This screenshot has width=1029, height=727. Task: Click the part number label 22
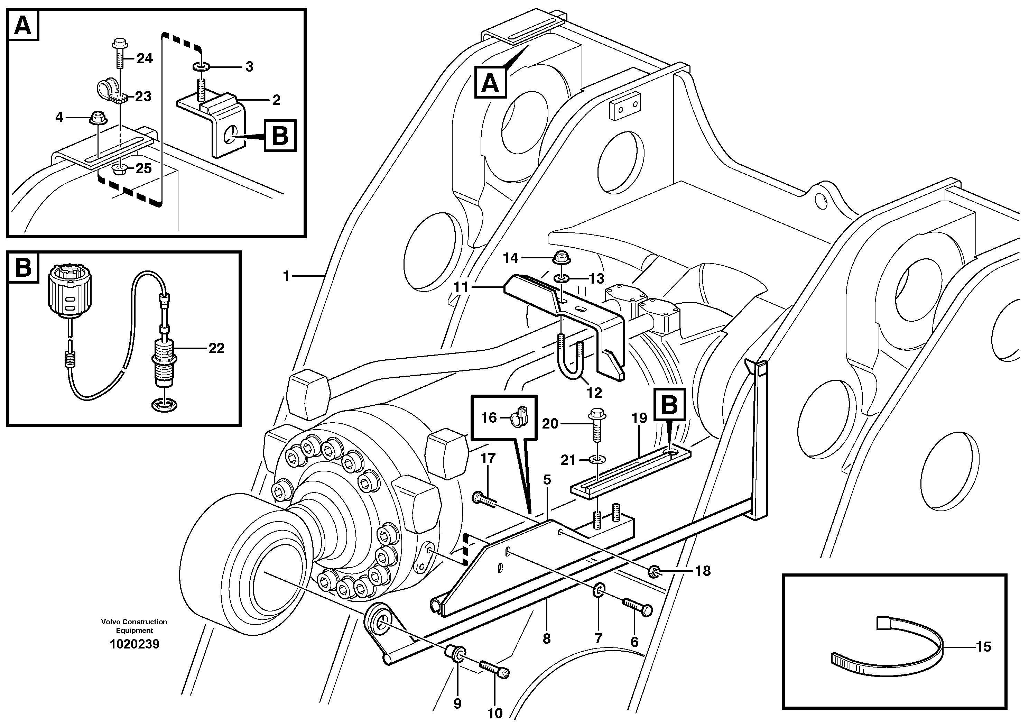point(216,348)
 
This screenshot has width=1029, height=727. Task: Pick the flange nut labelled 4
point(96,118)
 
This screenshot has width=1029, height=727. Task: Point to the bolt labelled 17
point(484,500)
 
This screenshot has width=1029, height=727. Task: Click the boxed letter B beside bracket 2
point(280,135)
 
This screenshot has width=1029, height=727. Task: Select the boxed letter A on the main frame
point(490,82)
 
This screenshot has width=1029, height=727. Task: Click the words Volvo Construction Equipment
point(134,626)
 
